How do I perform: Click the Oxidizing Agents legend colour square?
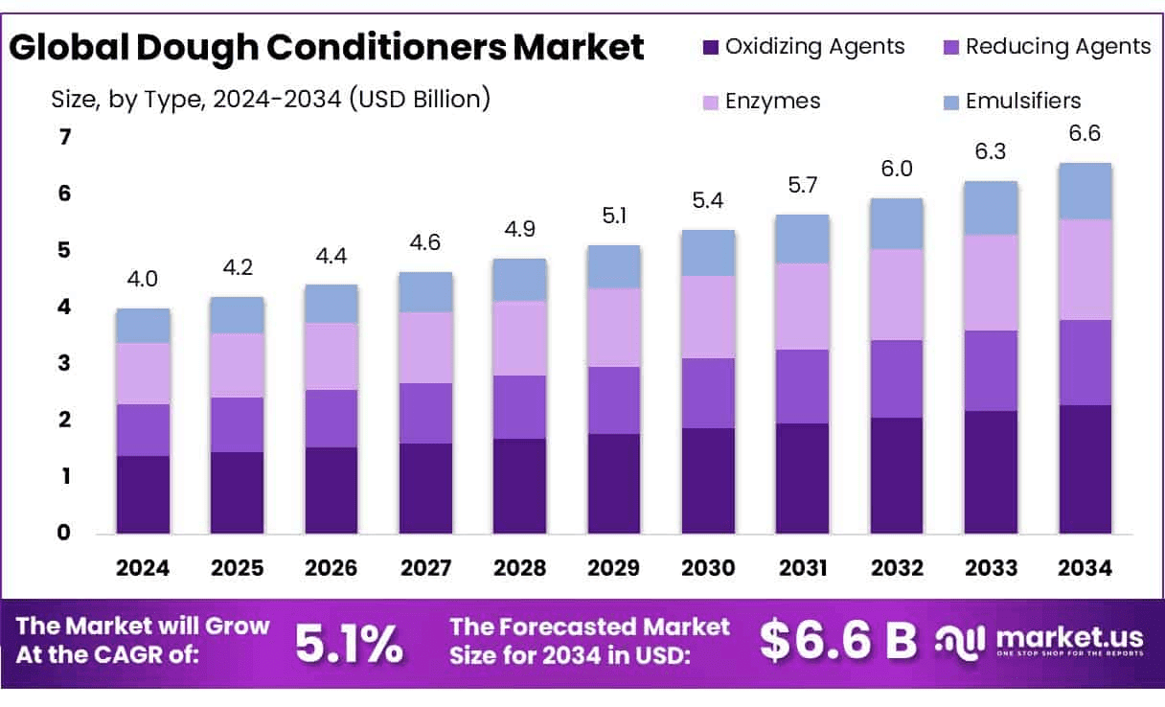click(x=710, y=47)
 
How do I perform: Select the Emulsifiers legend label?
click(x=1023, y=101)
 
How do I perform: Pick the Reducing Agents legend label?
click(x=1058, y=46)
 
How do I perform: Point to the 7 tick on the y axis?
click(x=65, y=138)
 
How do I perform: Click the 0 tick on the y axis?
click(x=65, y=533)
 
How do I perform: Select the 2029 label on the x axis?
click(x=614, y=568)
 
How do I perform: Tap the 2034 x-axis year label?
click(x=1085, y=568)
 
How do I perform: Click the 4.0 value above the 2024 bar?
click(x=143, y=280)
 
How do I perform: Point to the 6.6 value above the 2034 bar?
click(x=1085, y=134)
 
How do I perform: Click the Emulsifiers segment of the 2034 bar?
click(x=1085, y=192)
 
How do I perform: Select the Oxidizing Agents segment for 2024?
click(x=143, y=494)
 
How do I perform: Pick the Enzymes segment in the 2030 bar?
click(x=708, y=317)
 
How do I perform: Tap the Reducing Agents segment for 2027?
click(x=425, y=413)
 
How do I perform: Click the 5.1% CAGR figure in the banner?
click(x=349, y=645)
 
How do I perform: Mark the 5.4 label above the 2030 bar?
click(x=708, y=201)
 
